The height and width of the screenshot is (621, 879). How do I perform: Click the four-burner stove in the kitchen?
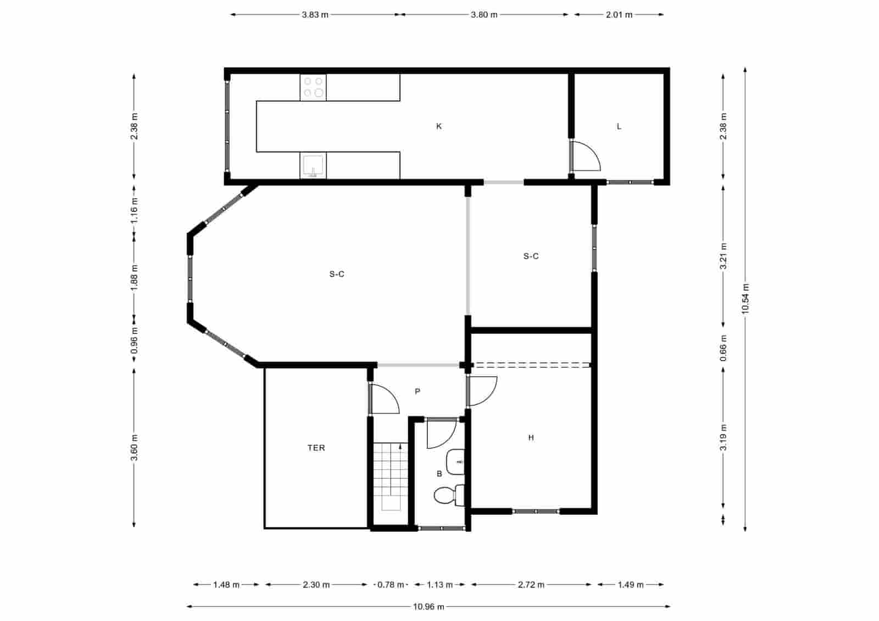coord(313,87)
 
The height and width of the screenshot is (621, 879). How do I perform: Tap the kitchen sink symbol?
coord(313,166)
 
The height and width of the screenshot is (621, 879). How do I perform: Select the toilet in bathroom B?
coord(448,495)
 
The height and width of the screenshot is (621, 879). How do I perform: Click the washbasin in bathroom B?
coord(456,462)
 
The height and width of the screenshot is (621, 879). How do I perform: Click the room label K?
coord(439,126)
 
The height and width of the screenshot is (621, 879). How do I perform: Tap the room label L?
coord(619,126)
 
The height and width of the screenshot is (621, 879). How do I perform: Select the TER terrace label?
coord(316,448)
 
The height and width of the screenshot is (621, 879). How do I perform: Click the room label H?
coord(531,438)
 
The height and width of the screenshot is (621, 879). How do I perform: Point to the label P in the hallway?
coord(418,391)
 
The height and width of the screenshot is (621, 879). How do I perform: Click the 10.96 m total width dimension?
coord(429,607)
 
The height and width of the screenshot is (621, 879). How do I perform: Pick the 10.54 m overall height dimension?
coord(746,299)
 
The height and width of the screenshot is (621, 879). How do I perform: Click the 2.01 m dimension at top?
coord(619,15)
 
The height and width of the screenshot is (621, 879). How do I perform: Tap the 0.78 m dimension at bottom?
coord(391,585)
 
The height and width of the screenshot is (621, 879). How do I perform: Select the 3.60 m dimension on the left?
coord(135,447)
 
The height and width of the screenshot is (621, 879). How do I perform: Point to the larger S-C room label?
coord(337,274)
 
